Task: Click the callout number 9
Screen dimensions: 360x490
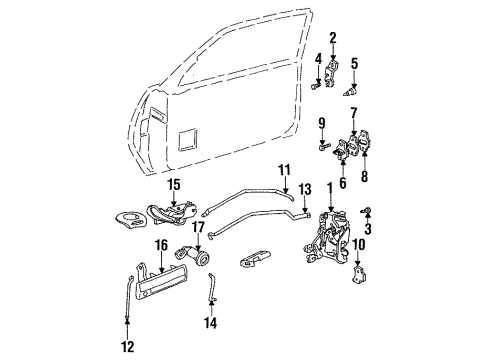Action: pos(323,123)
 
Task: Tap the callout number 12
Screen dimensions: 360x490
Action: pos(127,349)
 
